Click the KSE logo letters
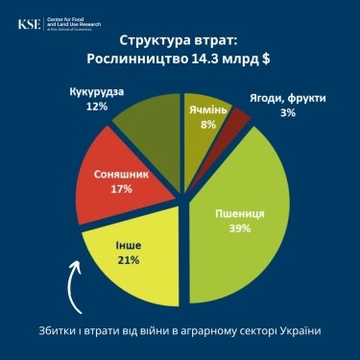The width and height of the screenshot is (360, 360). (31, 22)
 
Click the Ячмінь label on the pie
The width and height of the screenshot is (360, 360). (206, 109)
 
